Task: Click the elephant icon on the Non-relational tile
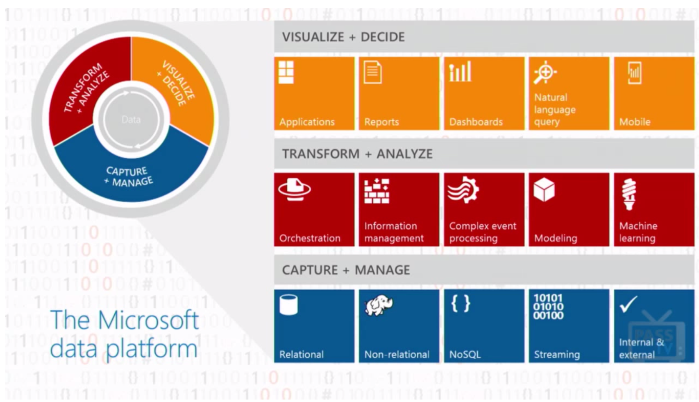(379, 305)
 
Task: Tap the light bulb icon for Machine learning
(629, 194)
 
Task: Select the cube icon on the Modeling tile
(544, 190)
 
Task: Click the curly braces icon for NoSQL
(461, 303)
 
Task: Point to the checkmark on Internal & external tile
(629, 304)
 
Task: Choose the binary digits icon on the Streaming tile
(548, 307)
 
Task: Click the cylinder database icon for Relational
(288, 305)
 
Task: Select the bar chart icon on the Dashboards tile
(460, 71)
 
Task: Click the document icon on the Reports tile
(372, 72)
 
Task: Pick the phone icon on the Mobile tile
(635, 73)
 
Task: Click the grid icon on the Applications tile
(286, 72)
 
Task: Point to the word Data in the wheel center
(131, 120)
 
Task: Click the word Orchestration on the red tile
(310, 238)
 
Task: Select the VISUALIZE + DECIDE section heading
(344, 37)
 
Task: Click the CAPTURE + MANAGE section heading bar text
(346, 270)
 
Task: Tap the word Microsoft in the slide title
(148, 320)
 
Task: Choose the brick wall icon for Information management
(377, 191)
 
